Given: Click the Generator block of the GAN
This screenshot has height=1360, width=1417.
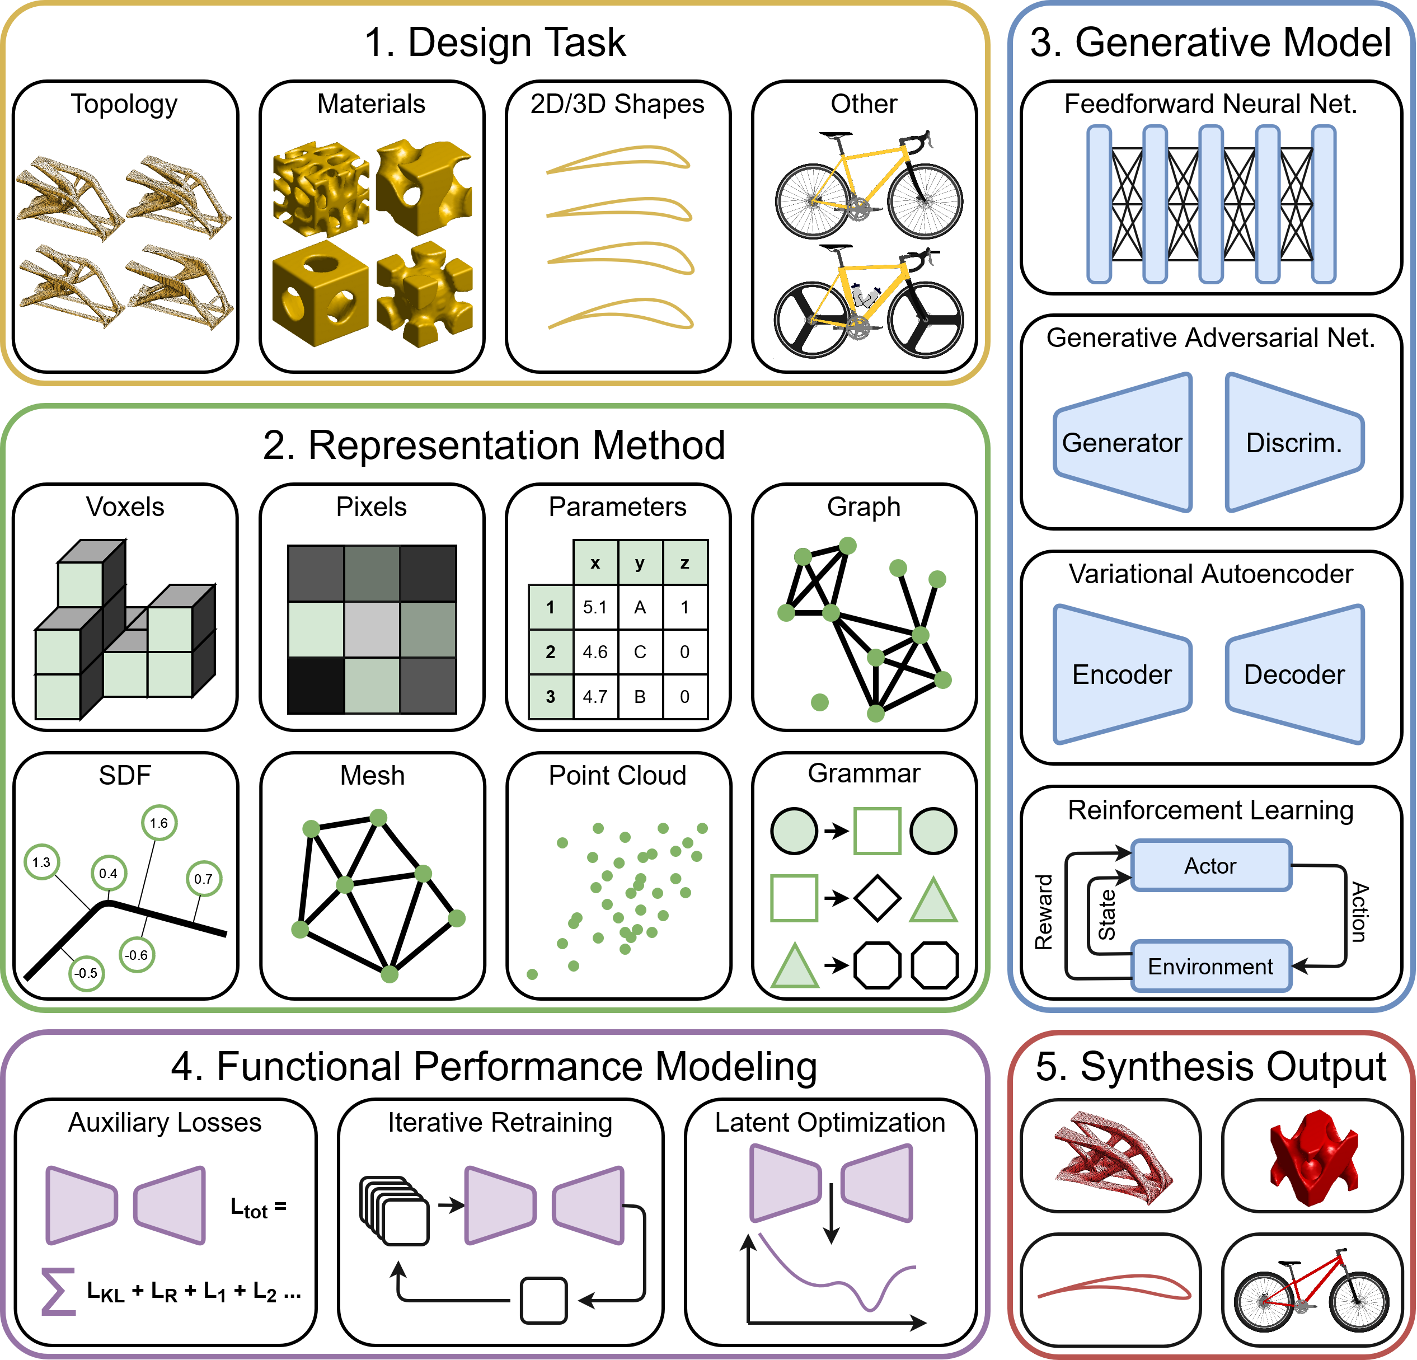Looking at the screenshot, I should coord(1122,443).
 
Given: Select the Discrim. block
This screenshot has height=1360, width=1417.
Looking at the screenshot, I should coord(1293,443).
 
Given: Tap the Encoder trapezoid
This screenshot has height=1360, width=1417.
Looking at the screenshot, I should coord(1122,674).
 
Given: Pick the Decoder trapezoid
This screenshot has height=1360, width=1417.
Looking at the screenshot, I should coord(1293,674).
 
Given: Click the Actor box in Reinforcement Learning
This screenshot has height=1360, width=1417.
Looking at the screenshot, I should coord(1210,865).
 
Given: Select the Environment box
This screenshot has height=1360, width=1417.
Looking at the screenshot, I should coord(1210,966).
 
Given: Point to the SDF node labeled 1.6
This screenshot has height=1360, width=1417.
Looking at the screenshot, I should coord(159,823).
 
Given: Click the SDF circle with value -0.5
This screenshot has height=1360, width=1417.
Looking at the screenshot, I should coord(86,973).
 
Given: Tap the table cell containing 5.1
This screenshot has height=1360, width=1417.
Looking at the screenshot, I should coord(595,607).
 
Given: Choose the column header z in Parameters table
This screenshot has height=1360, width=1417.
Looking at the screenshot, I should coord(684,562).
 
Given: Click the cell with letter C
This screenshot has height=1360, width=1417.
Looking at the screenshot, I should coord(640,652).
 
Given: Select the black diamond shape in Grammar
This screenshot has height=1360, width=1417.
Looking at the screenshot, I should coord(877,898).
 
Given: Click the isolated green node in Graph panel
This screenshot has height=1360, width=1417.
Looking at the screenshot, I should coord(820,702).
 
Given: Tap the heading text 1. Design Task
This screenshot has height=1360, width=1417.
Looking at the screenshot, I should coord(495,42).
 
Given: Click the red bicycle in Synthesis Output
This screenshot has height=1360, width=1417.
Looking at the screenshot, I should coord(1311,1291).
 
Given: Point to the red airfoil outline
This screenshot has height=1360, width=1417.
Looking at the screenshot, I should coord(1113,1288).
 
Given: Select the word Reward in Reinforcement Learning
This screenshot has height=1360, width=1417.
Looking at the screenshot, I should coord(1043,912).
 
